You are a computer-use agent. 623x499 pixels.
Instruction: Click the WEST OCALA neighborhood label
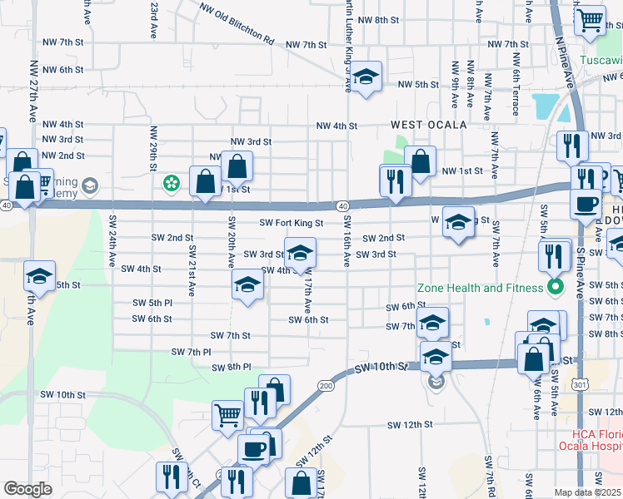[x=423, y=125]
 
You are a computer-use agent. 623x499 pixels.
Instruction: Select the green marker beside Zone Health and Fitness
[x=556, y=289]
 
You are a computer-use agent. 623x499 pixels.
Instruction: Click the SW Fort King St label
[x=291, y=223]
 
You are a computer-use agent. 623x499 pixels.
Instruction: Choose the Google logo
[x=27, y=489]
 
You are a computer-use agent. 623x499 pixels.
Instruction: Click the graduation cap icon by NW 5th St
[x=364, y=77]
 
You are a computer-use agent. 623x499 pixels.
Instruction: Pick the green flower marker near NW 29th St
[x=172, y=182]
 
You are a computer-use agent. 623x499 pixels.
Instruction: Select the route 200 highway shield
[x=325, y=386]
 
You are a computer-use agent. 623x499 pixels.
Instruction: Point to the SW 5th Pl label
[x=152, y=302]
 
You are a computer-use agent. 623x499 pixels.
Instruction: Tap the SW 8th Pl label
[x=231, y=367]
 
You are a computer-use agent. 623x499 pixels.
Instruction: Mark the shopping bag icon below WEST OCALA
[x=421, y=161]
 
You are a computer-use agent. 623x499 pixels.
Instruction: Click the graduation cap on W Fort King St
[x=457, y=221]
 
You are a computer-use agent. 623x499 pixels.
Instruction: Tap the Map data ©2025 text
[x=587, y=493]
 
